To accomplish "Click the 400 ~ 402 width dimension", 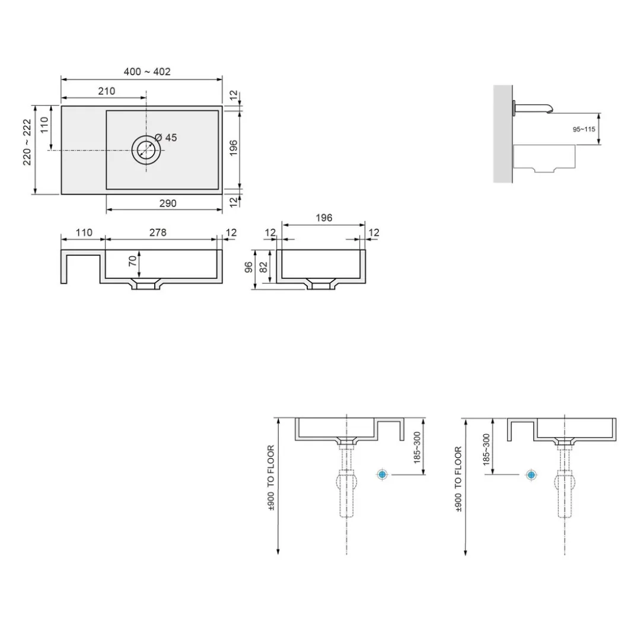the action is (147, 72).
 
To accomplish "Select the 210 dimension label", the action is (106, 91).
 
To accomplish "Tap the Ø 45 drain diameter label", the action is (166, 138).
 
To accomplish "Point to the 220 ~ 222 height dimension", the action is (27, 142).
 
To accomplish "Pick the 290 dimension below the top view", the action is (168, 203).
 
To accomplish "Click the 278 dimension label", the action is (158, 232).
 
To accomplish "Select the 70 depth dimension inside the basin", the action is (132, 261).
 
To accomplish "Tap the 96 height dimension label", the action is (249, 267).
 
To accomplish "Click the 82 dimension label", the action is (263, 267).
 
